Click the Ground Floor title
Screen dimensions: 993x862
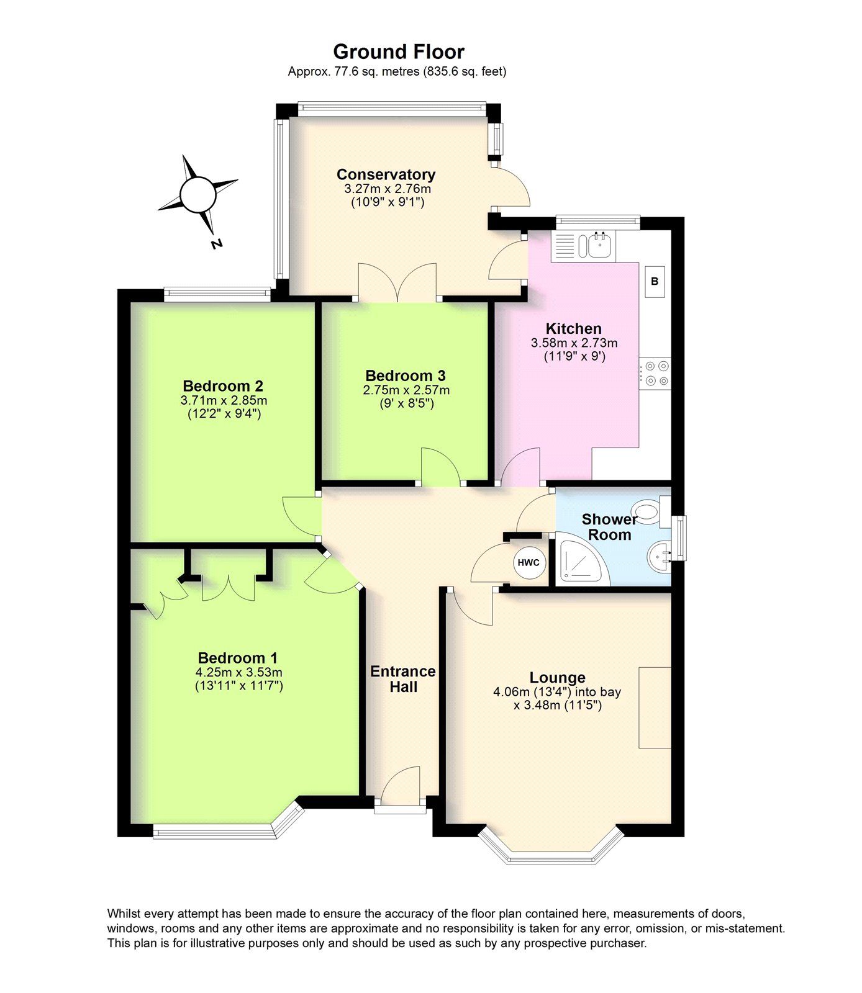(x=398, y=52)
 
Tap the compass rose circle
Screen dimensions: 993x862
(x=198, y=194)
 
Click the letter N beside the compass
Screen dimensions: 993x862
(x=216, y=244)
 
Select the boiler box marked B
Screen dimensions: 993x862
(x=655, y=282)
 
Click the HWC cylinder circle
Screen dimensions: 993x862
(x=529, y=563)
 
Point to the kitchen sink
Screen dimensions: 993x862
(x=599, y=245)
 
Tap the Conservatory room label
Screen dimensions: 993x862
(x=386, y=174)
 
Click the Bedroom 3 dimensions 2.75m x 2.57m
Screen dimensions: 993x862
(x=406, y=390)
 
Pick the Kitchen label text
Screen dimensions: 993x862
(x=573, y=328)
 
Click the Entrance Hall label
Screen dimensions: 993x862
(x=402, y=679)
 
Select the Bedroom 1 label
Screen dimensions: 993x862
(x=238, y=658)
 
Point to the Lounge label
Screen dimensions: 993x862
(x=557, y=678)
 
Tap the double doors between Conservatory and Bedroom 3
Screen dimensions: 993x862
(x=397, y=282)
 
